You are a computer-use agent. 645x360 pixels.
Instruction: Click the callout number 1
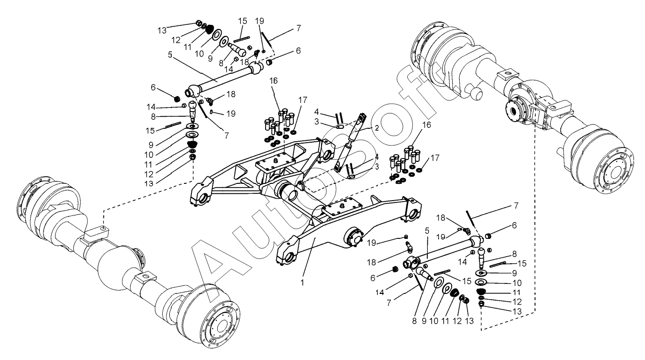(x=302, y=283)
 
